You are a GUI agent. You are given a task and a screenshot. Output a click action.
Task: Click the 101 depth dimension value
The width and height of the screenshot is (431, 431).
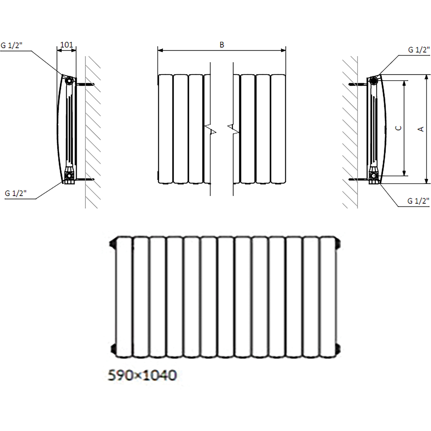(66, 44)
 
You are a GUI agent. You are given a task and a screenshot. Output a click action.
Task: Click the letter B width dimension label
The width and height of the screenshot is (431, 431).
(222, 45)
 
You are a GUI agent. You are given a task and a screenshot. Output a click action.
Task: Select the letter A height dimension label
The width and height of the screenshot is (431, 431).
(421, 128)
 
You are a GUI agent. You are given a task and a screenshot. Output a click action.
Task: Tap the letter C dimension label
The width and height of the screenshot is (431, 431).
(399, 128)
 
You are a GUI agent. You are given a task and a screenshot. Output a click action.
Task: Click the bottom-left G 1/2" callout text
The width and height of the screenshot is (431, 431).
(16, 194)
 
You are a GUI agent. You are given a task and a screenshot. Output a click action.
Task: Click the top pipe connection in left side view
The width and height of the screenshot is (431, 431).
(69, 80)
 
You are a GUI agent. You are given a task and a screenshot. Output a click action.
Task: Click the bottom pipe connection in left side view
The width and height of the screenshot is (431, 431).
(69, 175)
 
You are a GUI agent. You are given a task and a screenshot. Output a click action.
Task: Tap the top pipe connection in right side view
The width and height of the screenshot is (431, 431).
(374, 80)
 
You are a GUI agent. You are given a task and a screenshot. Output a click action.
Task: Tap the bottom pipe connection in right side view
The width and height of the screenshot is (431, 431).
(374, 175)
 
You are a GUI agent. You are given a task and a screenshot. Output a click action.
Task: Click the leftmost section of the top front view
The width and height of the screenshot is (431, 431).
(165, 128)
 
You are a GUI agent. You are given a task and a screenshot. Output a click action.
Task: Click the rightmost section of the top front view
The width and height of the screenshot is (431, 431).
(278, 128)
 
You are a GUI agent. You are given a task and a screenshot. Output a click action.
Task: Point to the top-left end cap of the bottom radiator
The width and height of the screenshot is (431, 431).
(113, 246)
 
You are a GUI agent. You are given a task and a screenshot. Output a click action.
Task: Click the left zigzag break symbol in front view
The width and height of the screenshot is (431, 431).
(210, 128)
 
